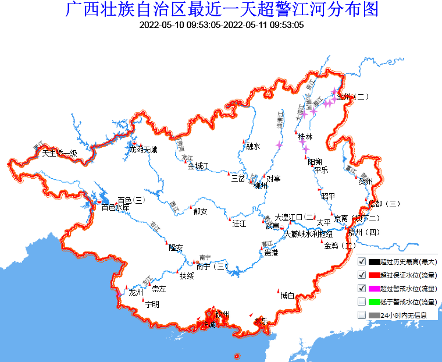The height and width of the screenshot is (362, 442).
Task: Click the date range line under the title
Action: coord(222,25)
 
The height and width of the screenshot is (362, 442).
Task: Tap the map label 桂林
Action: coord(305,137)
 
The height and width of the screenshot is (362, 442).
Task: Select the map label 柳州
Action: coord(260,186)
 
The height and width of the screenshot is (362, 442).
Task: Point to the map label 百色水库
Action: coord(115,207)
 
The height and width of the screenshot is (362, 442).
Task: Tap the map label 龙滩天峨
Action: coord(143,150)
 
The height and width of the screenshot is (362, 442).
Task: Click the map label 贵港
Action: coord(271,253)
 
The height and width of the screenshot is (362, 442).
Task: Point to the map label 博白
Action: coord(287,296)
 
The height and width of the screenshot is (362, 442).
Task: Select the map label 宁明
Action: coord(152,304)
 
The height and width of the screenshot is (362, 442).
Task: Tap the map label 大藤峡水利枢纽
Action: coord(312,235)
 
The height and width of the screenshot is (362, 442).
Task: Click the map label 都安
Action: coord(200,211)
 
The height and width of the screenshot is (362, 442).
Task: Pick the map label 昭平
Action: coord(328,196)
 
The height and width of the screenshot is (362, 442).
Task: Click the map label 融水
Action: coord(253,146)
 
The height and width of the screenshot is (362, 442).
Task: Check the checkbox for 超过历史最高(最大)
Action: coord(362,262)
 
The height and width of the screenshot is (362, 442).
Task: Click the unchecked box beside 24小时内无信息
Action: coord(362,315)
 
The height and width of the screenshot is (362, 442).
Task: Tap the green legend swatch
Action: coord(374,301)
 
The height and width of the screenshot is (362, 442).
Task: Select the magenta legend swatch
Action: coord(374,289)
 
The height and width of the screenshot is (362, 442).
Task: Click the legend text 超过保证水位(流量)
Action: coord(408,275)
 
